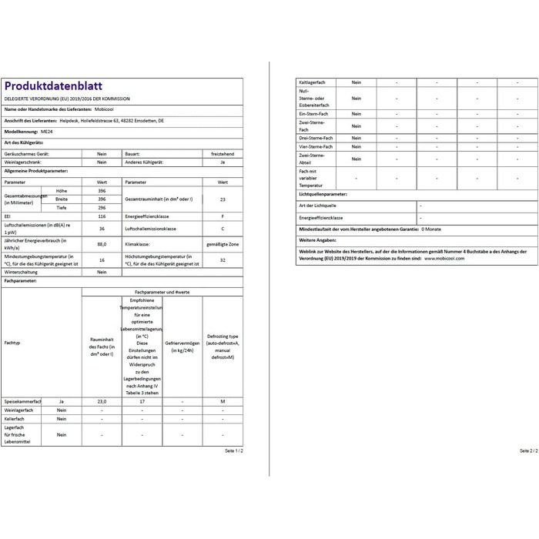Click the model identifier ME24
coord(46,132)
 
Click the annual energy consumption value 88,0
coord(102,244)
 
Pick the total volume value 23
coord(223,199)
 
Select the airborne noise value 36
coord(102,229)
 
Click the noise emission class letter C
coord(223,229)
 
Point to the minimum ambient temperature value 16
coord(102,260)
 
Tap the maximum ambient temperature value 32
coord(223,260)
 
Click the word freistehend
coord(223,154)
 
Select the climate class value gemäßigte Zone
coord(223,244)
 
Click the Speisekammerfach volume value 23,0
coord(102,402)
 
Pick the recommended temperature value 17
coord(142,402)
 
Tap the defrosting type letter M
coord(223,402)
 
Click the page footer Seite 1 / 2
coord(233,450)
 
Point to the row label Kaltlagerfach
coord(310,82)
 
